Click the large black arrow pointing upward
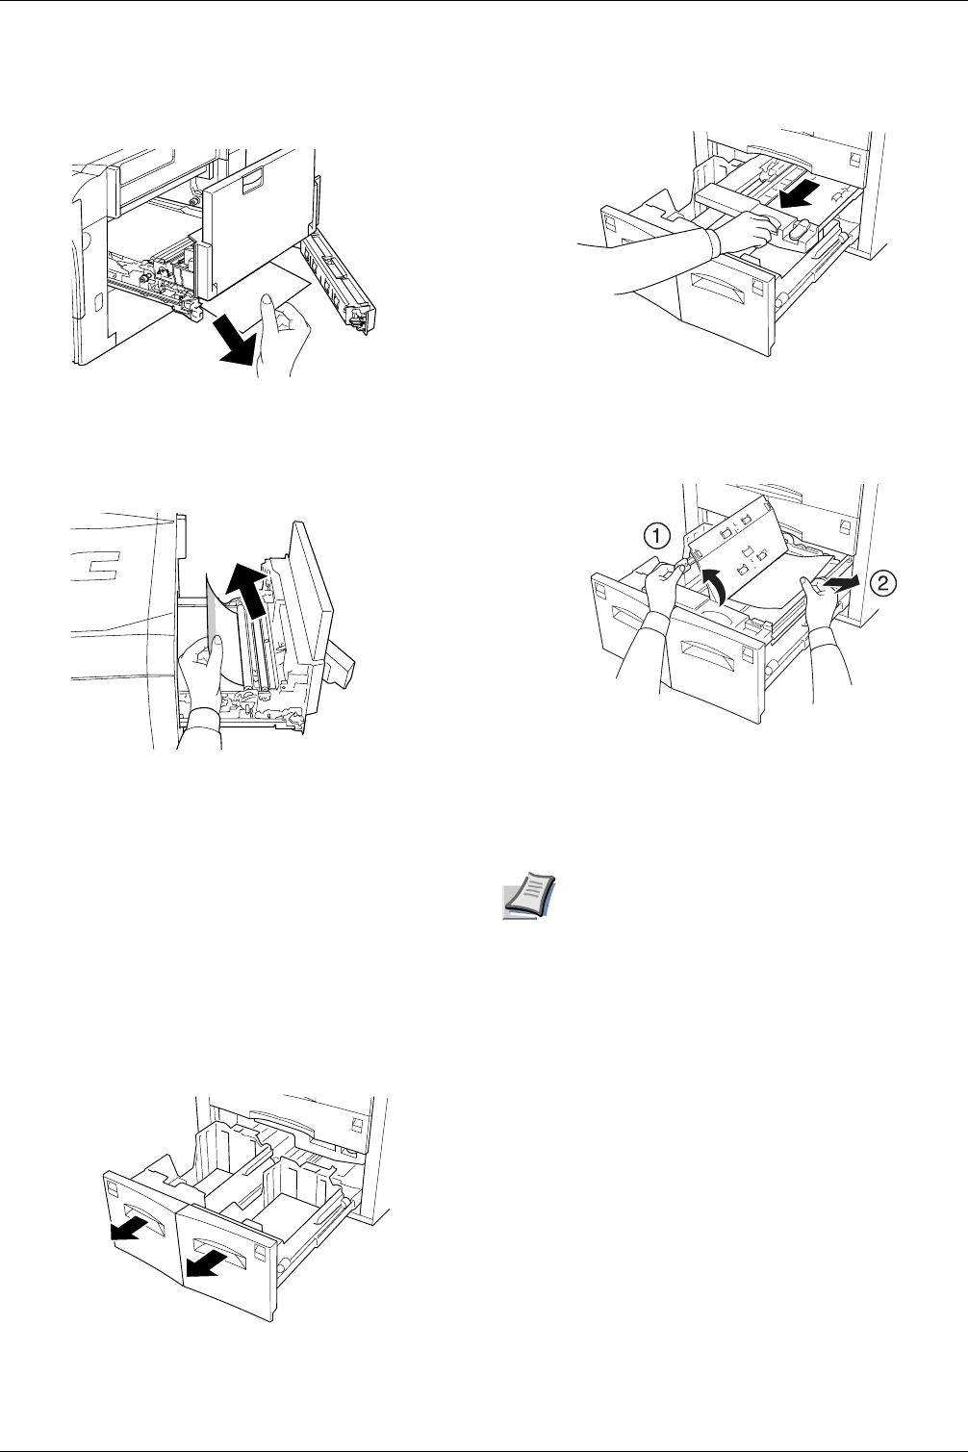tap(249, 588)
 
